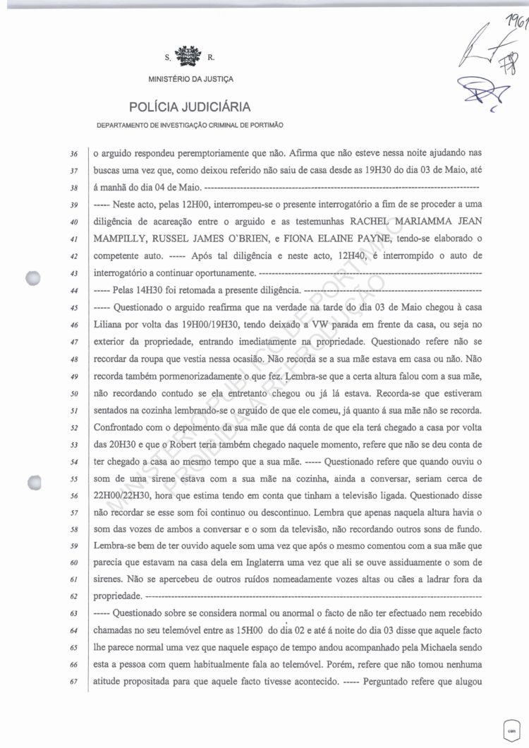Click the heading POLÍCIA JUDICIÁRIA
[190, 107]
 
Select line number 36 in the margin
[75, 153]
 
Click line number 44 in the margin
[75, 290]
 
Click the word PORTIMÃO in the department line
[264, 125]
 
